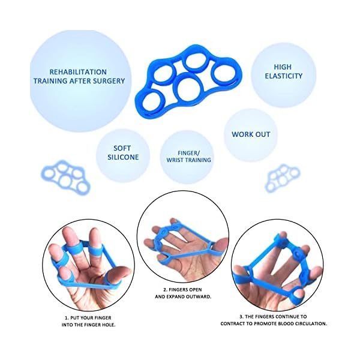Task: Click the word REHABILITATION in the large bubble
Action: point(79,71)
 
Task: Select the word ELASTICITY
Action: point(283,76)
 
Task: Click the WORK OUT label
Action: point(251,134)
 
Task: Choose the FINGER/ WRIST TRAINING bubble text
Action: point(188,156)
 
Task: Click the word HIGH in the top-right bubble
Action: point(283,67)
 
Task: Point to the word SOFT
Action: point(122,148)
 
